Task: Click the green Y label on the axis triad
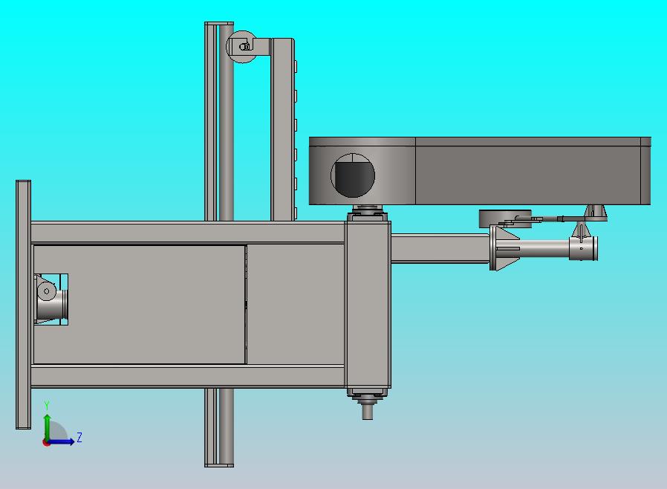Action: (47, 406)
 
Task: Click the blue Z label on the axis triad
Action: (79, 437)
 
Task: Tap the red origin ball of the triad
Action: (45, 443)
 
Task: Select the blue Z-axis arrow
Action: (60, 441)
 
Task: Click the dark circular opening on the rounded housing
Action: (353, 175)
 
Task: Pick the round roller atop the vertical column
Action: (241, 47)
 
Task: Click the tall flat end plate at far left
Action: (23, 305)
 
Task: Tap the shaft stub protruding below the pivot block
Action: (368, 412)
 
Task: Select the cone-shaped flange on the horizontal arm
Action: (504, 248)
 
